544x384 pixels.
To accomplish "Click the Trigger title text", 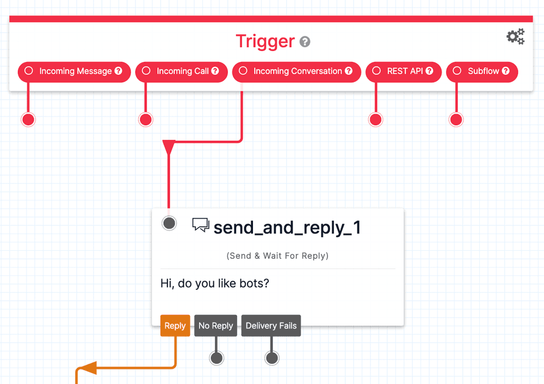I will [x=265, y=41].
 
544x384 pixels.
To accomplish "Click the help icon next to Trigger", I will [x=305, y=42].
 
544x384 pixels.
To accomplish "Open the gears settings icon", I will [x=515, y=37].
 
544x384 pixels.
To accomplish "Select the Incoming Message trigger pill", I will [x=75, y=71].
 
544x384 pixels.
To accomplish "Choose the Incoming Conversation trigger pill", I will [x=296, y=71].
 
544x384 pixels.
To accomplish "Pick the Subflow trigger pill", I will [x=482, y=71].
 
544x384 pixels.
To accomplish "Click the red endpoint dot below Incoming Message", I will [x=28, y=120].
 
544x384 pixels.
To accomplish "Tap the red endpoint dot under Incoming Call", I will [x=145, y=120].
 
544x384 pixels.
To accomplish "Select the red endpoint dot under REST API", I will [x=375, y=120].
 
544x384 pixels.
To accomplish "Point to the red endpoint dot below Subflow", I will [x=456, y=120].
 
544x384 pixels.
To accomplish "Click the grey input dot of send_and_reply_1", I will [x=169, y=222].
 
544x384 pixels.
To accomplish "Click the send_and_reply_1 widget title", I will [x=287, y=227].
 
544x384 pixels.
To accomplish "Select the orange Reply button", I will [x=175, y=326].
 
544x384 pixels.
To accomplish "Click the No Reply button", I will [x=215, y=326].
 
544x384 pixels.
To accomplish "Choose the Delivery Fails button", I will [x=271, y=326].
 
